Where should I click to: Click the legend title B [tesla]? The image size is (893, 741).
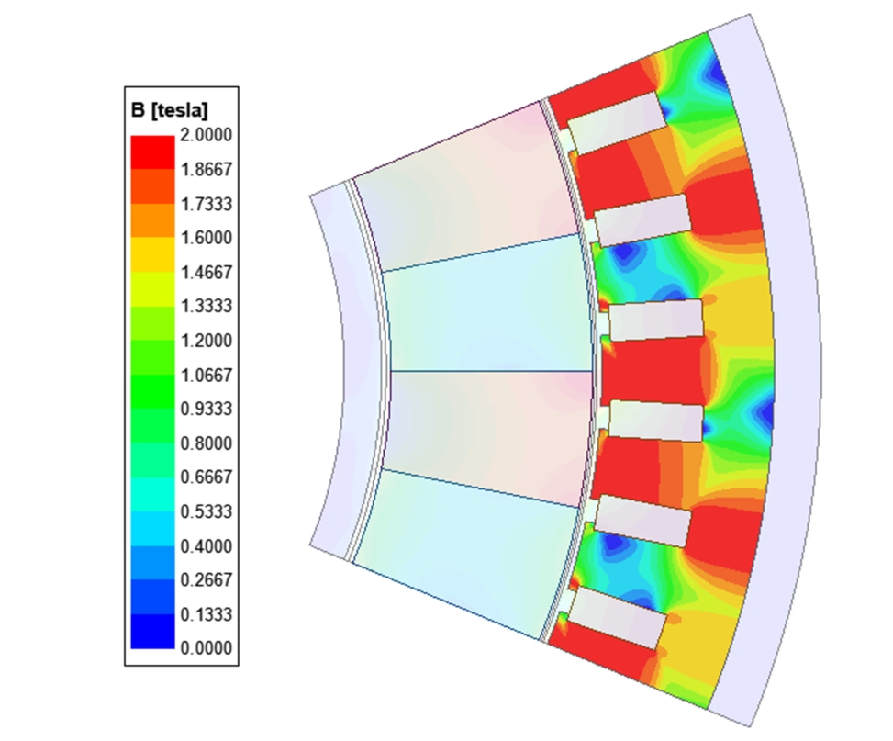pyautogui.click(x=169, y=110)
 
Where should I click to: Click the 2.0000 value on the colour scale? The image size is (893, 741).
pyautogui.click(x=207, y=135)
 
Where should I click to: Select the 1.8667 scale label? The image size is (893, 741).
pyautogui.click(x=207, y=169)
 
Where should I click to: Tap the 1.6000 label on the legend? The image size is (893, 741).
pyautogui.click(x=207, y=238)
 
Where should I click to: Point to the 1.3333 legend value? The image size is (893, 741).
pyautogui.click(x=207, y=306)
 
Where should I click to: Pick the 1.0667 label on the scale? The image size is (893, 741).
pyautogui.click(x=207, y=375)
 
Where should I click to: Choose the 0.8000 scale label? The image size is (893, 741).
pyautogui.click(x=207, y=443)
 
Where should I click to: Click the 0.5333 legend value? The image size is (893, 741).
pyautogui.click(x=207, y=511)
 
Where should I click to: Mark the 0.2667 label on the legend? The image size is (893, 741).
pyautogui.click(x=207, y=579)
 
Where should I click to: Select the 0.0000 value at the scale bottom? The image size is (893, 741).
pyautogui.click(x=207, y=648)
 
